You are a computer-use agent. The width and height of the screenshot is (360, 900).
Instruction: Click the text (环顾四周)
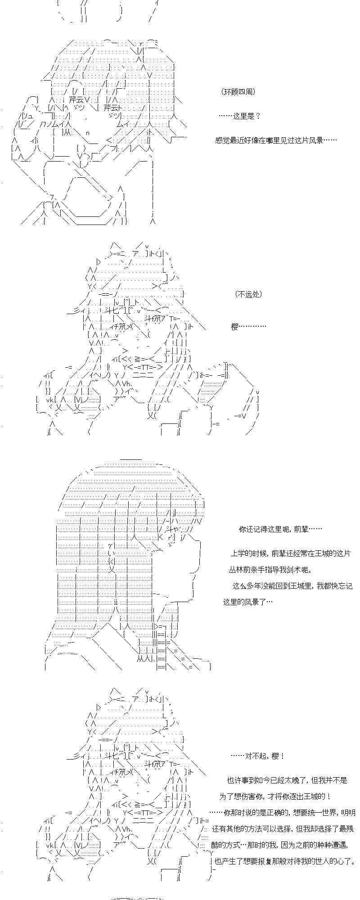click(x=238, y=92)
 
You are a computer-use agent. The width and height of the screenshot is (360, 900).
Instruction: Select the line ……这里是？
click(x=239, y=116)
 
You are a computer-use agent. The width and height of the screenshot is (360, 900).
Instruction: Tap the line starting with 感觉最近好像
click(x=276, y=140)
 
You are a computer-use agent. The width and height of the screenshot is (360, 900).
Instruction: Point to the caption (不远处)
click(x=248, y=294)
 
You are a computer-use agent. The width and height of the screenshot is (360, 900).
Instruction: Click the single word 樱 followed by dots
click(x=248, y=327)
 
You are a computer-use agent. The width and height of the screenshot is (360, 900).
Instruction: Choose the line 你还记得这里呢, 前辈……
click(x=280, y=529)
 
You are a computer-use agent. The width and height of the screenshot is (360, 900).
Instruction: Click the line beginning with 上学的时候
click(x=290, y=553)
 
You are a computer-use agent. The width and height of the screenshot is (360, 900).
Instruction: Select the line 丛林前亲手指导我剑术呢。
click(x=270, y=570)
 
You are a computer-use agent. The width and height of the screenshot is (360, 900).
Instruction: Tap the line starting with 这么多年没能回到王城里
click(x=292, y=586)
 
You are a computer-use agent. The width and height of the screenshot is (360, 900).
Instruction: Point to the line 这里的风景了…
click(x=248, y=602)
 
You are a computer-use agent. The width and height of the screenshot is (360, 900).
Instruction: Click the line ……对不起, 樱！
click(x=257, y=756)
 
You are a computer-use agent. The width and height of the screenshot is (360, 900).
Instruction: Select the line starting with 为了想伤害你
click(x=275, y=796)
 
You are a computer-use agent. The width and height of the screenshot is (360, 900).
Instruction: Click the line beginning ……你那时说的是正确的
click(x=283, y=813)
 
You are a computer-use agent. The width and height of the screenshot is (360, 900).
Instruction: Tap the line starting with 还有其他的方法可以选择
click(x=283, y=829)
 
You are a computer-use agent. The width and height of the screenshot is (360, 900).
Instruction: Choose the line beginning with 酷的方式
click(x=282, y=845)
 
